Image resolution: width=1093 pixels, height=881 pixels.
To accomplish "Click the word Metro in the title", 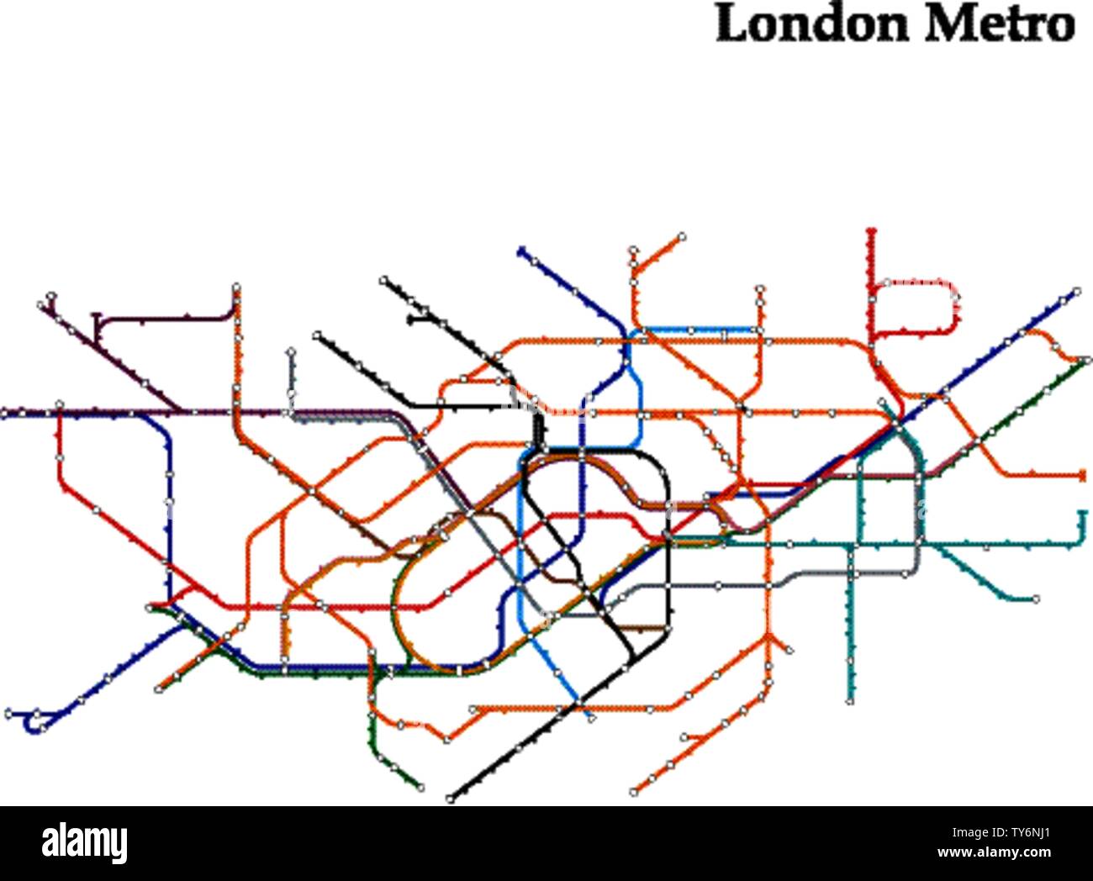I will click(1000, 24).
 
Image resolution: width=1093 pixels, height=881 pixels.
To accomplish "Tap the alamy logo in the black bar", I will click(85, 842).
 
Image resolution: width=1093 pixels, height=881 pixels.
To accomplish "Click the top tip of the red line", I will click(871, 230).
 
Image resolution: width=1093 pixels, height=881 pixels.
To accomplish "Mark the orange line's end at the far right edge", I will click(1082, 476).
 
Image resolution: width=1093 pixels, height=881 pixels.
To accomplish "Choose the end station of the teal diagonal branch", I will click(1036, 599).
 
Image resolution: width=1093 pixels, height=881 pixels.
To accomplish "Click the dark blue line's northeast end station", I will click(1076, 292).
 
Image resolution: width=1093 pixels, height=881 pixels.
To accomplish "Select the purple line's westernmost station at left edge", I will click(5, 413).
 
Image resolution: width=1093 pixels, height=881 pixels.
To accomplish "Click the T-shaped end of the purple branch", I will click(97, 318).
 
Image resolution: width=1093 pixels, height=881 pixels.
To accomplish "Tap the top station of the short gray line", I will click(291, 351).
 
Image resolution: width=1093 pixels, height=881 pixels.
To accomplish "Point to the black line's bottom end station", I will click(451, 798).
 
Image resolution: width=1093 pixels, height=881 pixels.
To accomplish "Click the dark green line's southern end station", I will click(420, 788).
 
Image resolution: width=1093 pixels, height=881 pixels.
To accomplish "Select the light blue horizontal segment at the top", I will click(698, 330).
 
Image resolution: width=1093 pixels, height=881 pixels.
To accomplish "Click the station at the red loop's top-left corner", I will click(885, 282).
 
